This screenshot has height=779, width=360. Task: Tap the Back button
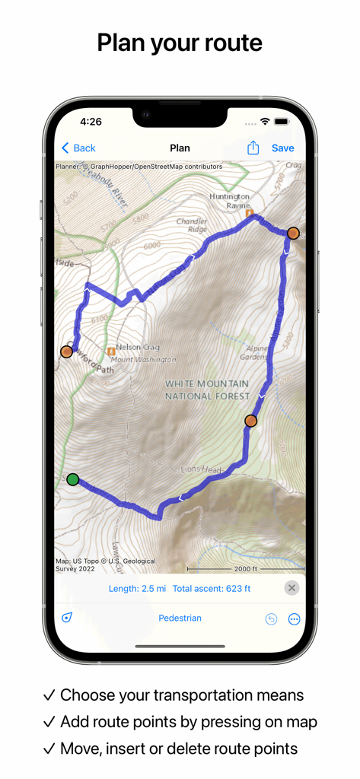tap(78, 148)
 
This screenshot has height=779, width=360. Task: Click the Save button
tap(282, 148)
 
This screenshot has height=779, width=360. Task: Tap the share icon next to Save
tap(253, 148)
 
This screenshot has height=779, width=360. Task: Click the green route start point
tap(72, 479)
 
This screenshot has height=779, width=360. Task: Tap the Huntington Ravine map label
tap(229, 201)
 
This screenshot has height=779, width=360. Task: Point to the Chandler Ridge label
tap(191, 225)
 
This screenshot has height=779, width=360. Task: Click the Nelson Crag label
tap(138, 348)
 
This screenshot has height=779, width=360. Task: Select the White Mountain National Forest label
tap(207, 390)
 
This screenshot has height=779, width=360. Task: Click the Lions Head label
tap(201, 471)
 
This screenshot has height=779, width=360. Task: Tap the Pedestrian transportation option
tap(180, 618)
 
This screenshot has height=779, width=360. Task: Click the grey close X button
tap(292, 588)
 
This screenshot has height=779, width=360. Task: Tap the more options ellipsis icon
tap(295, 619)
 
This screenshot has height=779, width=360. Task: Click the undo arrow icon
tap(271, 619)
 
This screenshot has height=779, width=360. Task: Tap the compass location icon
tap(67, 618)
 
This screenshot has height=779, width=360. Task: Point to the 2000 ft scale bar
tap(245, 569)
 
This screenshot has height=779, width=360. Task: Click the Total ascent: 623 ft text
tap(212, 589)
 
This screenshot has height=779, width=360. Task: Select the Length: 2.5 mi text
tap(137, 589)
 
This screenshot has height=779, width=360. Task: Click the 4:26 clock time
tap(91, 122)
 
